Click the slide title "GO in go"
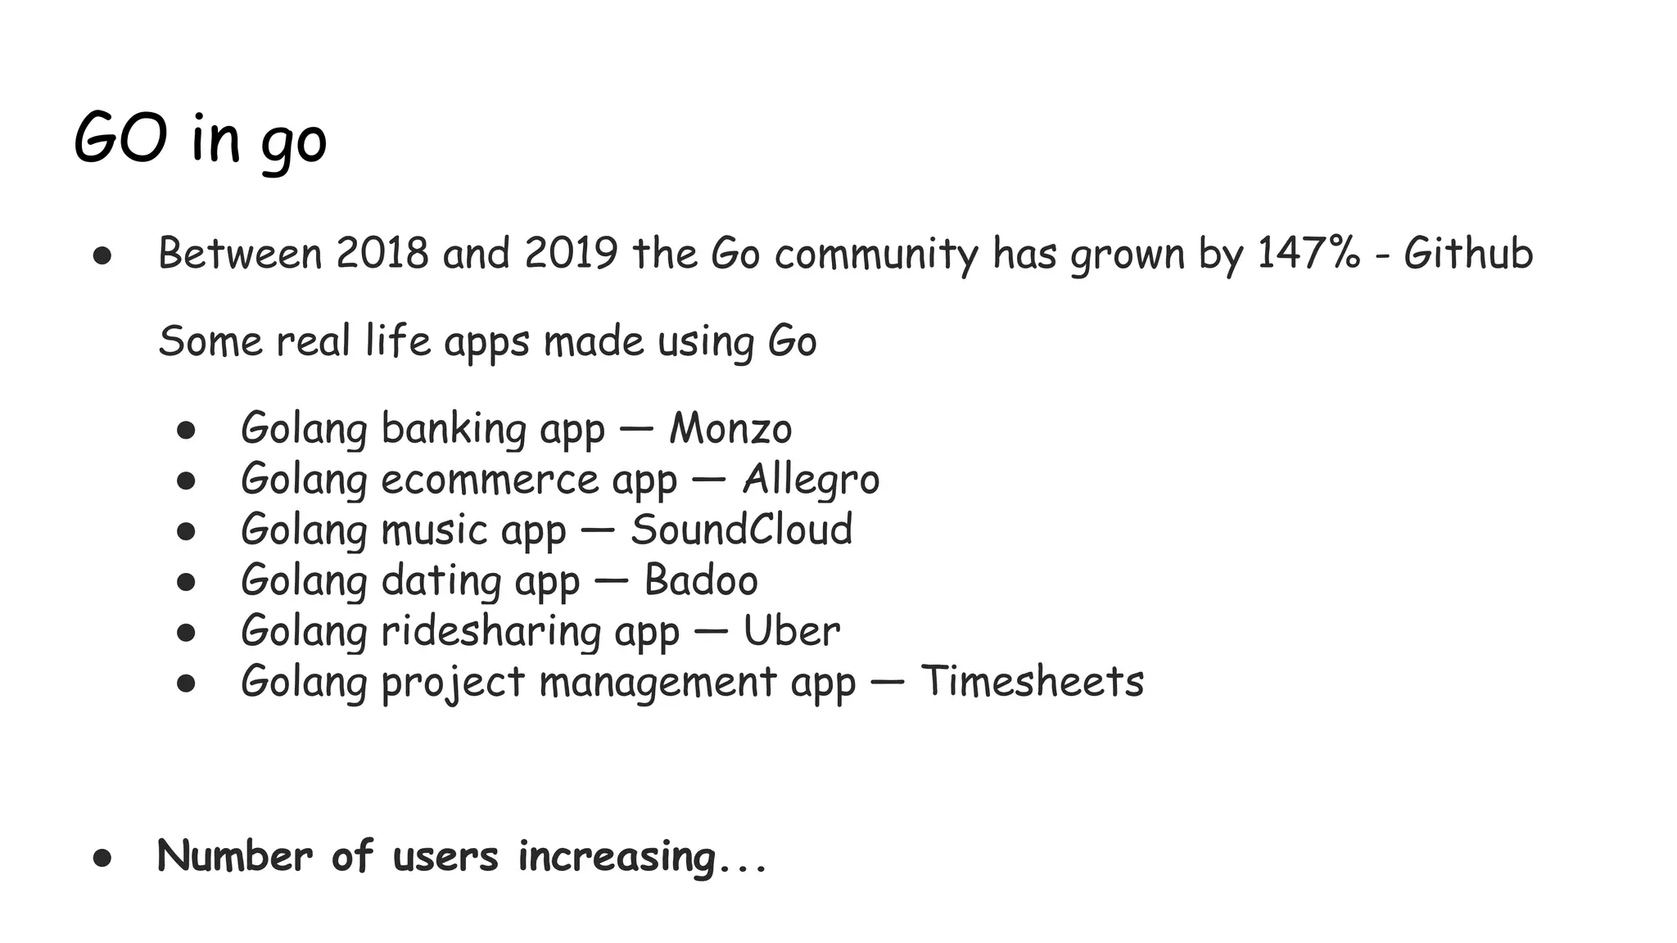point(201,139)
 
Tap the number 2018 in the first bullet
point(382,253)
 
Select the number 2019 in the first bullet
point(571,253)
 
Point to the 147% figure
point(1309,253)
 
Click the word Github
point(1468,253)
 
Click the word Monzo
point(730,428)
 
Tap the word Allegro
point(811,480)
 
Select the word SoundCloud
point(742,530)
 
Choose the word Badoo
point(701,580)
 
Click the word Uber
point(791,631)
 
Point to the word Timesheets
point(1032,681)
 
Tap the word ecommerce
point(490,480)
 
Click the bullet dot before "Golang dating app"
point(186,582)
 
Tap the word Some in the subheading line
point(209,341)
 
